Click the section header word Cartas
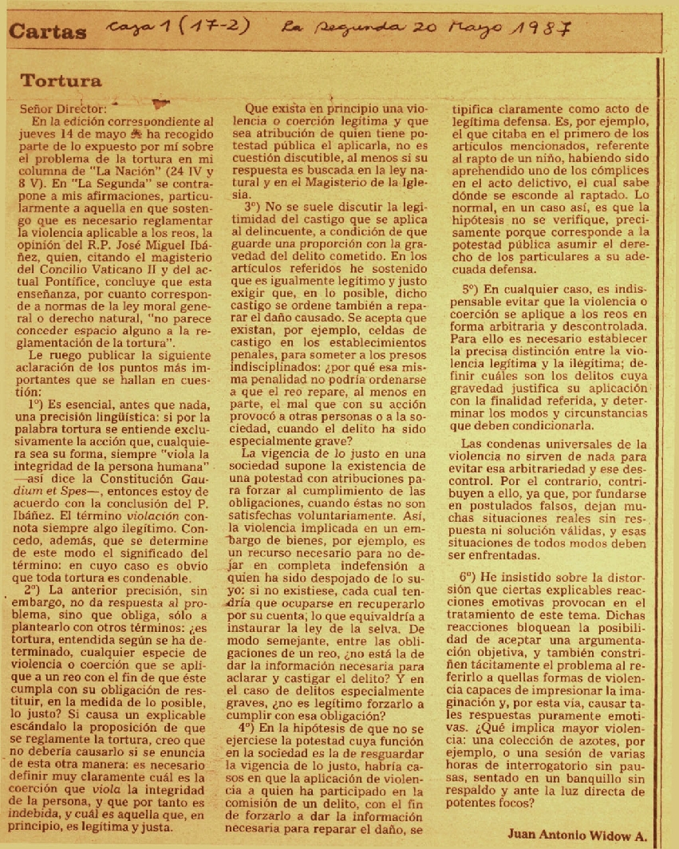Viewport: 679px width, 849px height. click(48, 32)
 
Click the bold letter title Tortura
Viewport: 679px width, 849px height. click(61, 81)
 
